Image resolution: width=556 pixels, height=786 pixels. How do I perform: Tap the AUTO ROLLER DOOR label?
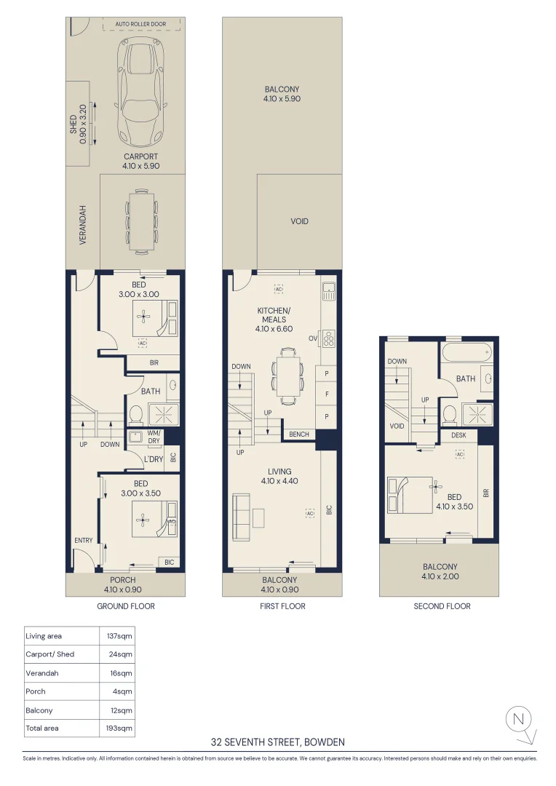tap(140, 24)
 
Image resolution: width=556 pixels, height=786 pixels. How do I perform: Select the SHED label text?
tap(73, 124)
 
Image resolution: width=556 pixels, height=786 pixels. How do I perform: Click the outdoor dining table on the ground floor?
tap(140, 220)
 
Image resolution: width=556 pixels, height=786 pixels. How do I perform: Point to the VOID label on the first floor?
tap(299, 221)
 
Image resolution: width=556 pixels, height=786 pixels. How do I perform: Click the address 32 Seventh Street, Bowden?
tap(278, 742)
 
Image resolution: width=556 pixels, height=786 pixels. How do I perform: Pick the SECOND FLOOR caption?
tap(442, 606)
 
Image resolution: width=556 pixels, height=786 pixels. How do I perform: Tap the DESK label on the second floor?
tap(458, 435)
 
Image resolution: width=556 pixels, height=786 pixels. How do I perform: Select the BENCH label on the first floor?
tap(299, 434)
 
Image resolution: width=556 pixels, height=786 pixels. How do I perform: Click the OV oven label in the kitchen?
tap(312, 338)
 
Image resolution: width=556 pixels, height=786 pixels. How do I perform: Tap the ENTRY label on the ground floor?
tap(83, 540)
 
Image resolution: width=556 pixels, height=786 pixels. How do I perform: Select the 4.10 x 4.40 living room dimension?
tap(279, 481)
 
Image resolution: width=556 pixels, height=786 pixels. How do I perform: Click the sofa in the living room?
tap(240, 517)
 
